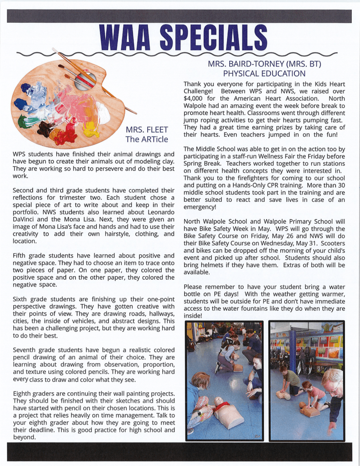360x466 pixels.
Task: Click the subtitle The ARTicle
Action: tap(144, 139)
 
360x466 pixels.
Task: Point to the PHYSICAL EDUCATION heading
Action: tap(264, 73)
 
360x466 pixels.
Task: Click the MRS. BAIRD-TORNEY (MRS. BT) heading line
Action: tap(264, 64)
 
